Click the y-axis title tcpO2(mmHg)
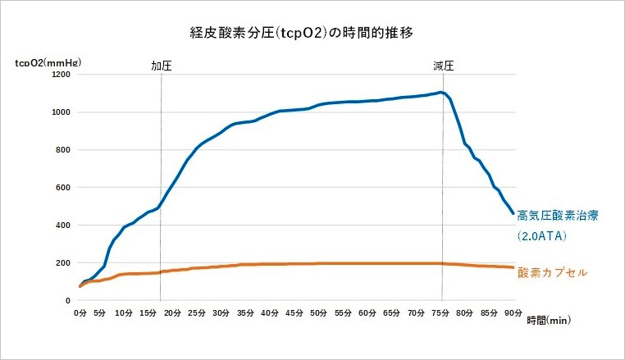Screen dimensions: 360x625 (x=48, y=61)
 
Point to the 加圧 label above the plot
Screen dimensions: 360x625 (x=161, y=66)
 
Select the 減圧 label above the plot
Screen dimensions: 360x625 (x=444, y=66)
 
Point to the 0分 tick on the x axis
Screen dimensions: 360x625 (x=80, y=312)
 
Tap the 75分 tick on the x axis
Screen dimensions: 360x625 (x=440, y=312)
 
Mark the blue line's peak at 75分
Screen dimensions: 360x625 (x=441, y=92)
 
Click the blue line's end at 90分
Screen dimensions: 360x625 (x=513, y=214)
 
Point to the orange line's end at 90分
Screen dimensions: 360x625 (x=513, y=267)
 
